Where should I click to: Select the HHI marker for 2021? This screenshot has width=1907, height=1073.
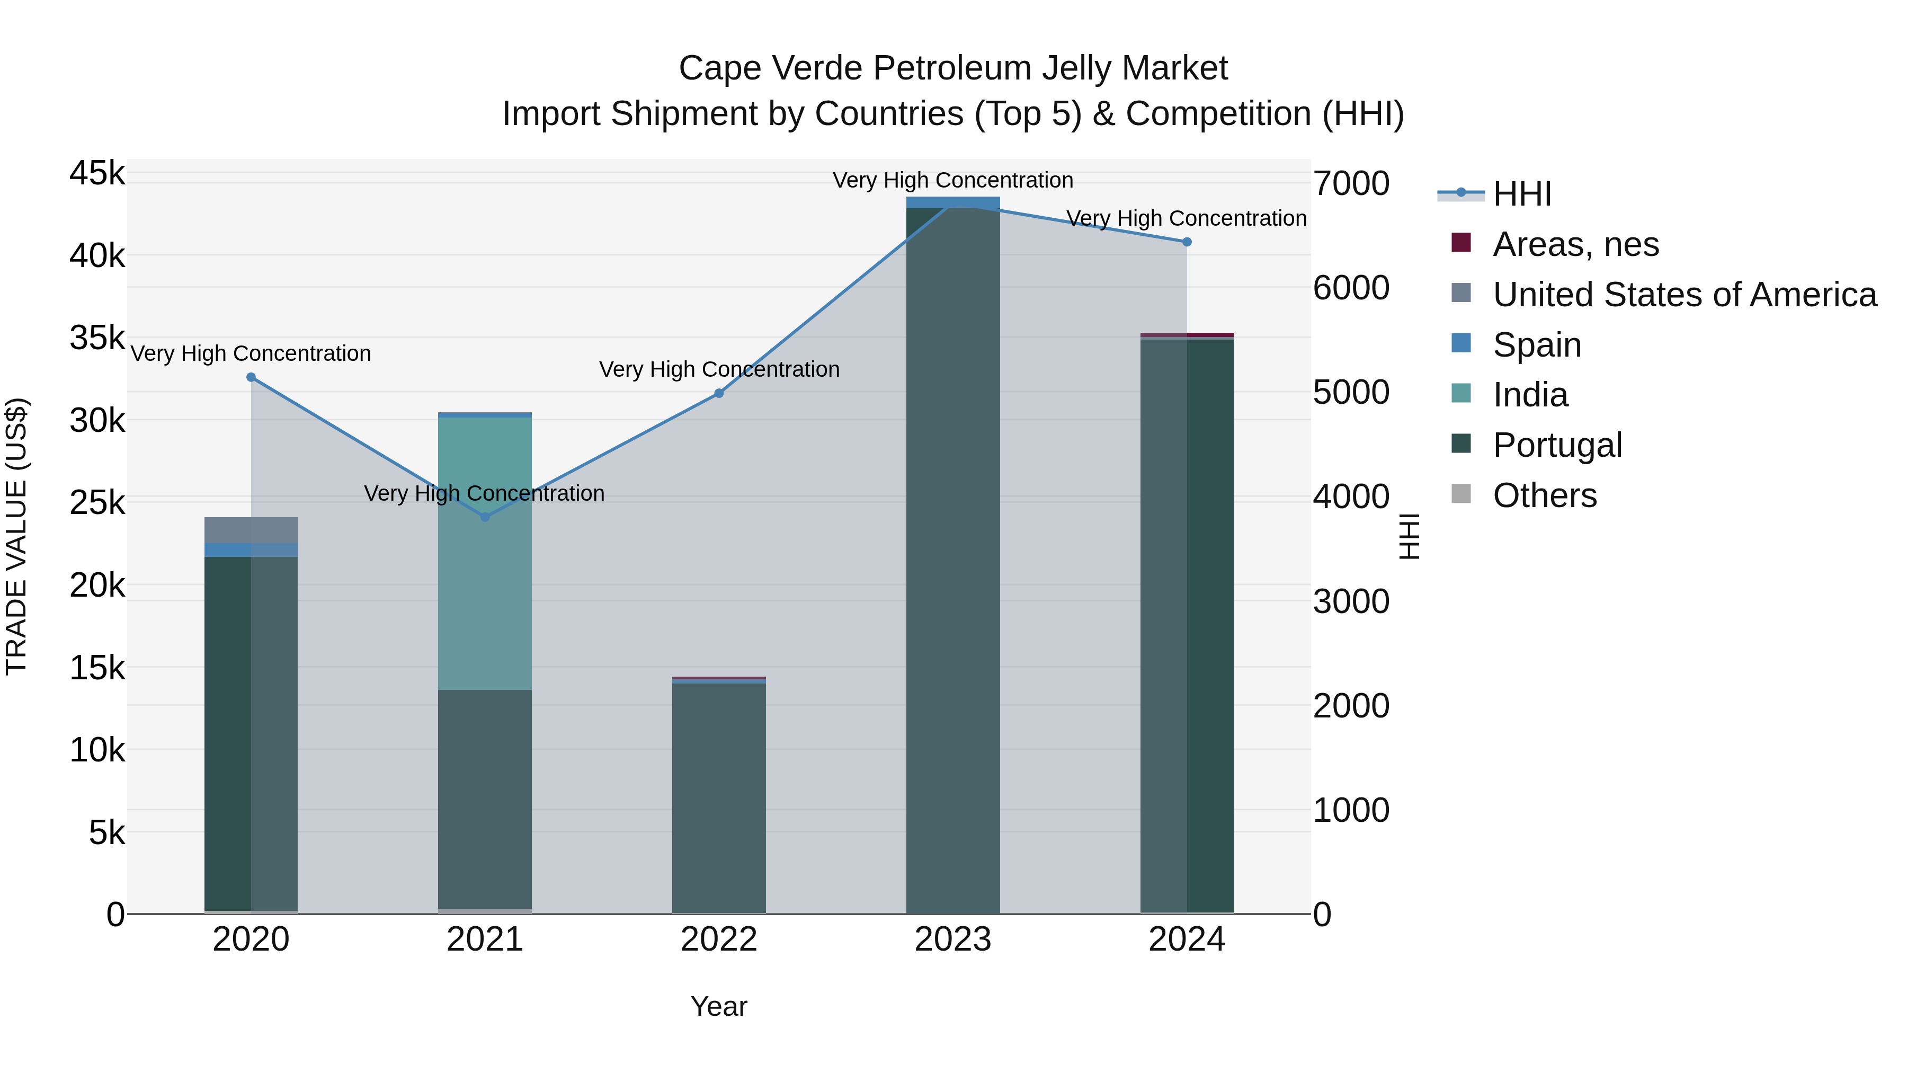[x=485, y=517]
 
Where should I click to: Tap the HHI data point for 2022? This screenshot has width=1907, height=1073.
[x=719, y=393]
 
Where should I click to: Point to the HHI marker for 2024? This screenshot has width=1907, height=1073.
[x=1187, y=242]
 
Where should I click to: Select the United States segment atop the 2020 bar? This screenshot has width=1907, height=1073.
[x=251, y=530]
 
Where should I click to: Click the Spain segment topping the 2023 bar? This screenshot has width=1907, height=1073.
[x=953, y=202]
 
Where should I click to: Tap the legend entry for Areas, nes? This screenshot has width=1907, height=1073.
[x=1575, y=244]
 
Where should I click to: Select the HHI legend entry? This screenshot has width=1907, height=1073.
[x=1521, y=194]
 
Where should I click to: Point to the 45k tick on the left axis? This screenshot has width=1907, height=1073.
[x=97, y=174]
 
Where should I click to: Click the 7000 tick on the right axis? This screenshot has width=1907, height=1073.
[x=1351, y=184]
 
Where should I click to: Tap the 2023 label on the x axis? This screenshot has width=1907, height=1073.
[x=953, y=939]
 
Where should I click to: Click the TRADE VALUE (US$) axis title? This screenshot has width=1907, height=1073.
[x=16, y=536]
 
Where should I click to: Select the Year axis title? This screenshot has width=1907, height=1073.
[x=719, y=1006]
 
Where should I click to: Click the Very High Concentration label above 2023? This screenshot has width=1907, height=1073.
[x=953, y=181]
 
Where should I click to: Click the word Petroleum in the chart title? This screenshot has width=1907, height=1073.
[x=952, y=68]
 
